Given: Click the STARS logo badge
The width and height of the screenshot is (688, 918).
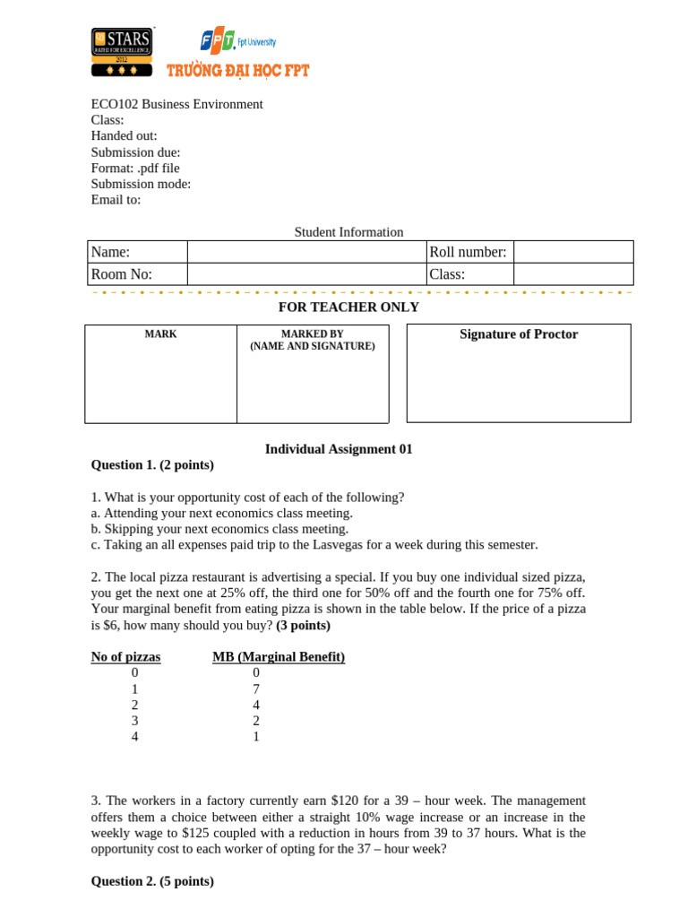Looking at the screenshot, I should click(122, 52).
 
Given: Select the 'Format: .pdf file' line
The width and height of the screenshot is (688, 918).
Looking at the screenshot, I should click(135, 168).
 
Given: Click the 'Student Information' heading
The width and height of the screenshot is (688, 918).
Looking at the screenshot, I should click(348, 232).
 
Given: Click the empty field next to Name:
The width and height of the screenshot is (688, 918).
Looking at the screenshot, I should click(306, 252).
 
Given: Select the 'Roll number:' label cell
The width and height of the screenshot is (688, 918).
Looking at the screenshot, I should click(469, 252).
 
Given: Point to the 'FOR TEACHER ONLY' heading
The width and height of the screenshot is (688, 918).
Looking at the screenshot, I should click(348, 307).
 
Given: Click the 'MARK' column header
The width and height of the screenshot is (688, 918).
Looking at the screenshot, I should click(160, 334).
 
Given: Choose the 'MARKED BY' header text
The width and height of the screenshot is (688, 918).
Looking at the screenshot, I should click(312, 334).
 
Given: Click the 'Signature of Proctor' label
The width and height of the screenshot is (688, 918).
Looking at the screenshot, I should click(519, 334).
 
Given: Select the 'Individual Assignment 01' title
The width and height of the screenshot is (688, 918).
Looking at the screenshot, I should click(339, 449).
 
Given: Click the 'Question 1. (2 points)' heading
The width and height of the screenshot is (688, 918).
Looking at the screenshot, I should click(152, 464).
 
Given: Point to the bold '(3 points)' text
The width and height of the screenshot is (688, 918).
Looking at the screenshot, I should click(303, 625).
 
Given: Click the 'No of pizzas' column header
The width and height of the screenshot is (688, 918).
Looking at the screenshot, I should click(125, 657).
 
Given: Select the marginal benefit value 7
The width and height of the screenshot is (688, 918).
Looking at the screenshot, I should click(255, 688).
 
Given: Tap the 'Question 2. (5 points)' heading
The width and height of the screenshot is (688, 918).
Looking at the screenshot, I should click(152, 881).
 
